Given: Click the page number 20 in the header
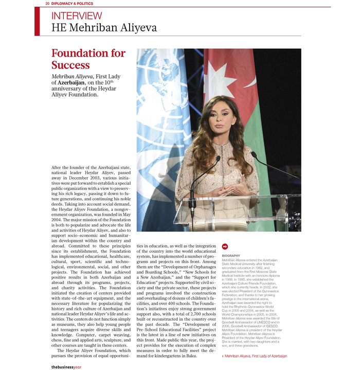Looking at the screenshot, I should coord(47,4).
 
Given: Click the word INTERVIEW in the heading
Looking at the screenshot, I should coord(77,16).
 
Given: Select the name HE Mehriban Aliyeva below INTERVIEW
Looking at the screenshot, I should coord(104,28).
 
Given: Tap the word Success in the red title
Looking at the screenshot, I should coord(70,65).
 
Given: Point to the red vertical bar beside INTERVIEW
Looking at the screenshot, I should coord(37,22).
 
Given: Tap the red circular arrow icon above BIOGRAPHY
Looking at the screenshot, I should coord(225,247).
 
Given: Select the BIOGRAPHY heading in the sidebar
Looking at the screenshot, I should coord(231,256).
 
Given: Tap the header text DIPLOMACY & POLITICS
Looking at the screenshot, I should coord(72,4).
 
